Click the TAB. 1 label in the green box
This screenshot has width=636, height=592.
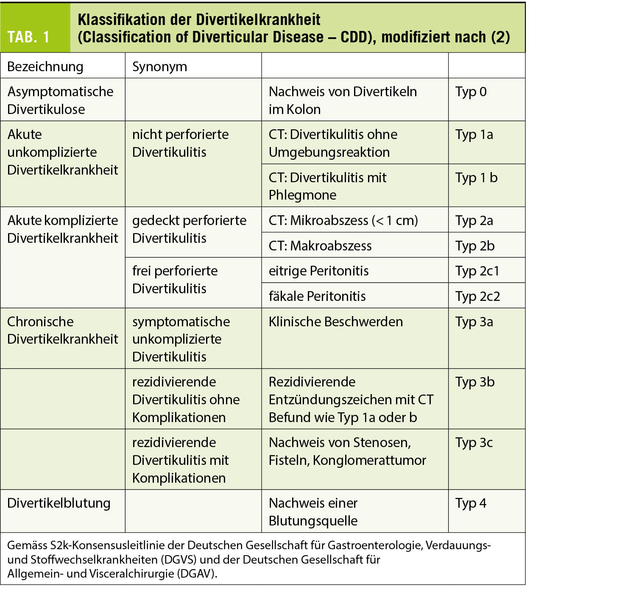pos(28,37)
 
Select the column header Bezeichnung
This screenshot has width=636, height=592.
pos(45,67)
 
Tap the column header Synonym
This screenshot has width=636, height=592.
pos(159,67)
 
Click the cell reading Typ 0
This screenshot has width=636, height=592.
pos(471,92)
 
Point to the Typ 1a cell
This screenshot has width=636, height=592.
pos(474,135)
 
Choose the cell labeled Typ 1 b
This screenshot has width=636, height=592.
pos(476,178)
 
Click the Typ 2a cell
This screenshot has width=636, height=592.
pos(474,220)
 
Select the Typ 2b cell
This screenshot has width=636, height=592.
pos(475,246)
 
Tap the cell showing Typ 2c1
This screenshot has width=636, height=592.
pos(477,271)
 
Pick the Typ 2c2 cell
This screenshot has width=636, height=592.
pos(477,296)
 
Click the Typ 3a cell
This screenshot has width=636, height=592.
pos(474,322)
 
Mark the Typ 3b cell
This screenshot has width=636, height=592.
pos(475,382)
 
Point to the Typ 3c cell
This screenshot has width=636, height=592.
pos(474,442)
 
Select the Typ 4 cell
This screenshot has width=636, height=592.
pos(471,503)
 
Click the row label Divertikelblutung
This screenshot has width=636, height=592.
pos(59,503)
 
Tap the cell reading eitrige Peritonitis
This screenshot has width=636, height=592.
pos(318,271)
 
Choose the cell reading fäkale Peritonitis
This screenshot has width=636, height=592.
pos(317,296)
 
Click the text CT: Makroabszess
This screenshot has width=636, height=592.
pos(320,246)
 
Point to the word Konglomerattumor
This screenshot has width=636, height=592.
pos(369,460)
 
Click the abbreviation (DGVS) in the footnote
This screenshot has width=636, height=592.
pos(178,559)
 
